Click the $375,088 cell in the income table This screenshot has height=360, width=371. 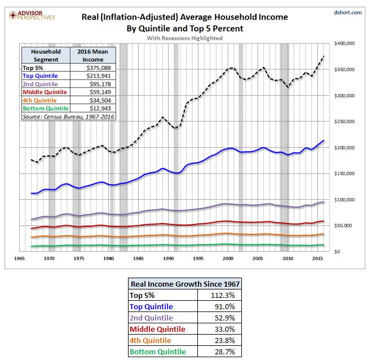click(99, 68)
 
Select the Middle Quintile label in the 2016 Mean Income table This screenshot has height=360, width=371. click(45, 92)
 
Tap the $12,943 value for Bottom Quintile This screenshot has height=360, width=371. click(100, 108)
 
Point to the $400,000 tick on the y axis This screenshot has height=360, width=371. click(344, 43)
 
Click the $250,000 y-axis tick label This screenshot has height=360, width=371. click(344, 121)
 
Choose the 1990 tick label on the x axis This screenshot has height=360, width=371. click(168, 258)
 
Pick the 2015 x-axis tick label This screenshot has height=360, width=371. click(317, 258)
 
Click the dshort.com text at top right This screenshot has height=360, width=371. click(347, 12)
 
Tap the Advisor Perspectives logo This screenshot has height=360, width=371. click(32, 15)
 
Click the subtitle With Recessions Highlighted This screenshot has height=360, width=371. click(184, 38)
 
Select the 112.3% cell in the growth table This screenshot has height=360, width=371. click(223, 295)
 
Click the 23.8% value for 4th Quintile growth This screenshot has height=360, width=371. click(225, 340)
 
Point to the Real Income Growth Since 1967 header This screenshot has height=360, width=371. click(185, 284)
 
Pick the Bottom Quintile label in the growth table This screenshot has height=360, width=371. click(158, 352)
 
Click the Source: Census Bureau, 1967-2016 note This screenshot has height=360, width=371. click(68, 117)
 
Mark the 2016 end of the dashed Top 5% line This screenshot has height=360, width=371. click(324, 56)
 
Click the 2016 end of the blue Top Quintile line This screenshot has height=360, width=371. click(324, 141)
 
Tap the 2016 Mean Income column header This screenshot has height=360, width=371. click(92, 55)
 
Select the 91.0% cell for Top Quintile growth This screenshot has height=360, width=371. click(225, 307)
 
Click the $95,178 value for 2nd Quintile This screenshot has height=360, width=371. click(100, 84)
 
